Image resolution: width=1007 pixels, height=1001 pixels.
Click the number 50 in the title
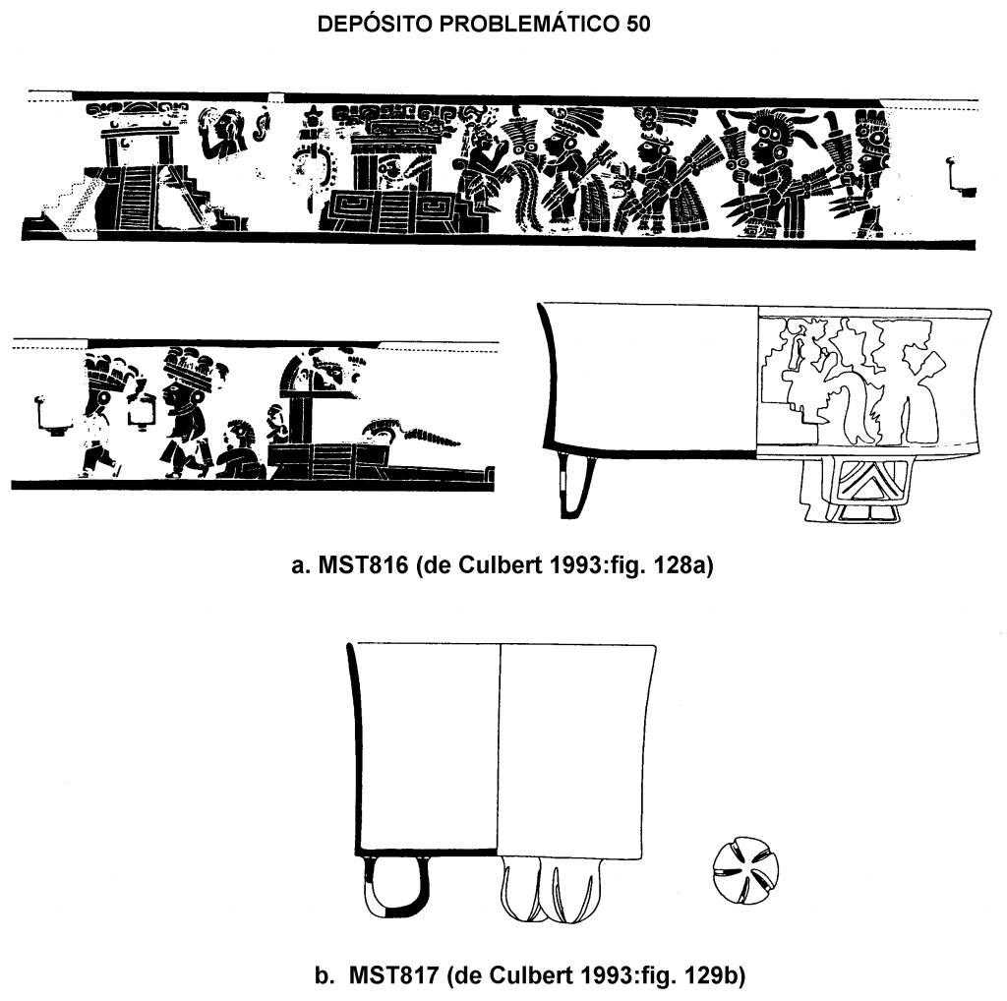pos(637,25)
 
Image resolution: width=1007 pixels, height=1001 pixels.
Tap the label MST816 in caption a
pos(364,565)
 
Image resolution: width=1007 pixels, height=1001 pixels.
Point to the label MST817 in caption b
pos(393,975)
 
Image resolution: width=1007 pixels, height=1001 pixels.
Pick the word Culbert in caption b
pos(530,975)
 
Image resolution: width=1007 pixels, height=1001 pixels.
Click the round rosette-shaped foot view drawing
pos(745,870)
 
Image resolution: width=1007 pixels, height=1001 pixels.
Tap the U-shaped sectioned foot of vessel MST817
pos(393,886)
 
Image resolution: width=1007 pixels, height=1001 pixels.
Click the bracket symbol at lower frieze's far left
pos(51,415)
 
